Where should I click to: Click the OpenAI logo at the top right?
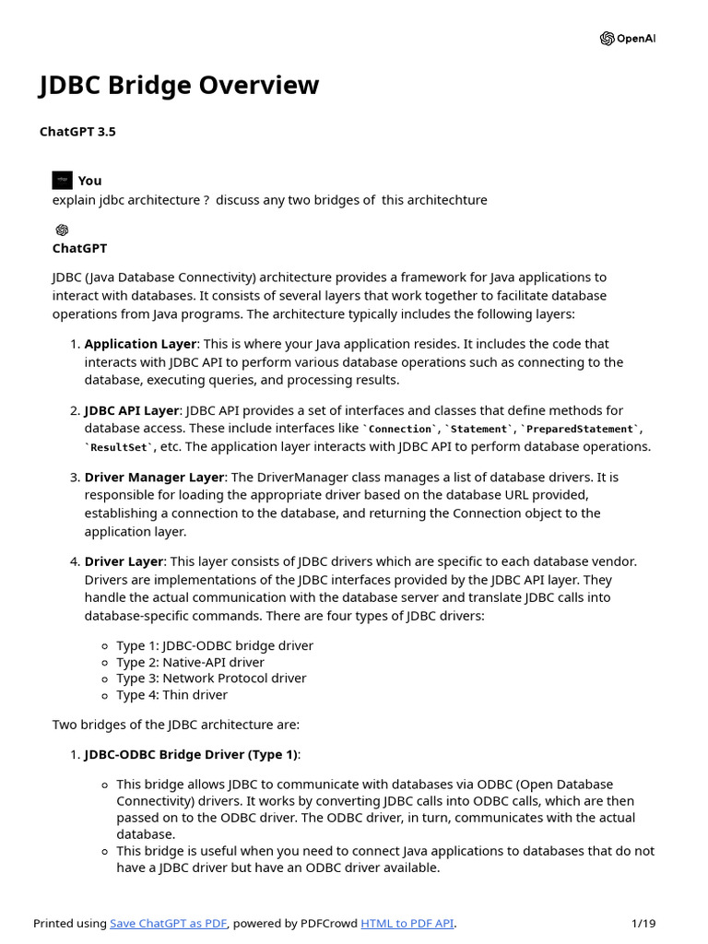point(628,39)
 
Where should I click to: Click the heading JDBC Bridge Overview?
point(179,86)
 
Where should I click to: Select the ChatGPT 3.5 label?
point(77,132)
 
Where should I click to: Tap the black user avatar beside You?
point(63,180)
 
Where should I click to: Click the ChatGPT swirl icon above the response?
point(62,230)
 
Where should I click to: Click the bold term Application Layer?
point(140,344)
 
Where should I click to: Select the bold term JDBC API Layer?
point(132,410)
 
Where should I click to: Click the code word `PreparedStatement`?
point(581,429)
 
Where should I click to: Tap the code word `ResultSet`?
point(118,447)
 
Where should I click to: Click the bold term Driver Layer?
point(124,561)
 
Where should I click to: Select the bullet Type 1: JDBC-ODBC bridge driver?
point(214,645)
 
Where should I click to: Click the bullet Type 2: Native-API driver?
point(190,662)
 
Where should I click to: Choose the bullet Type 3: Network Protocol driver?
point(211,678)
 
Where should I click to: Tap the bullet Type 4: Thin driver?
point(171,695)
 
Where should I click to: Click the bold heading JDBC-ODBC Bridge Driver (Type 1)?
point(191,754)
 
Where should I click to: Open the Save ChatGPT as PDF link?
point(169,924)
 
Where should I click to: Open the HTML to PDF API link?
point(407,924)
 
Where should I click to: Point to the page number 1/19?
point(643,924)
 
